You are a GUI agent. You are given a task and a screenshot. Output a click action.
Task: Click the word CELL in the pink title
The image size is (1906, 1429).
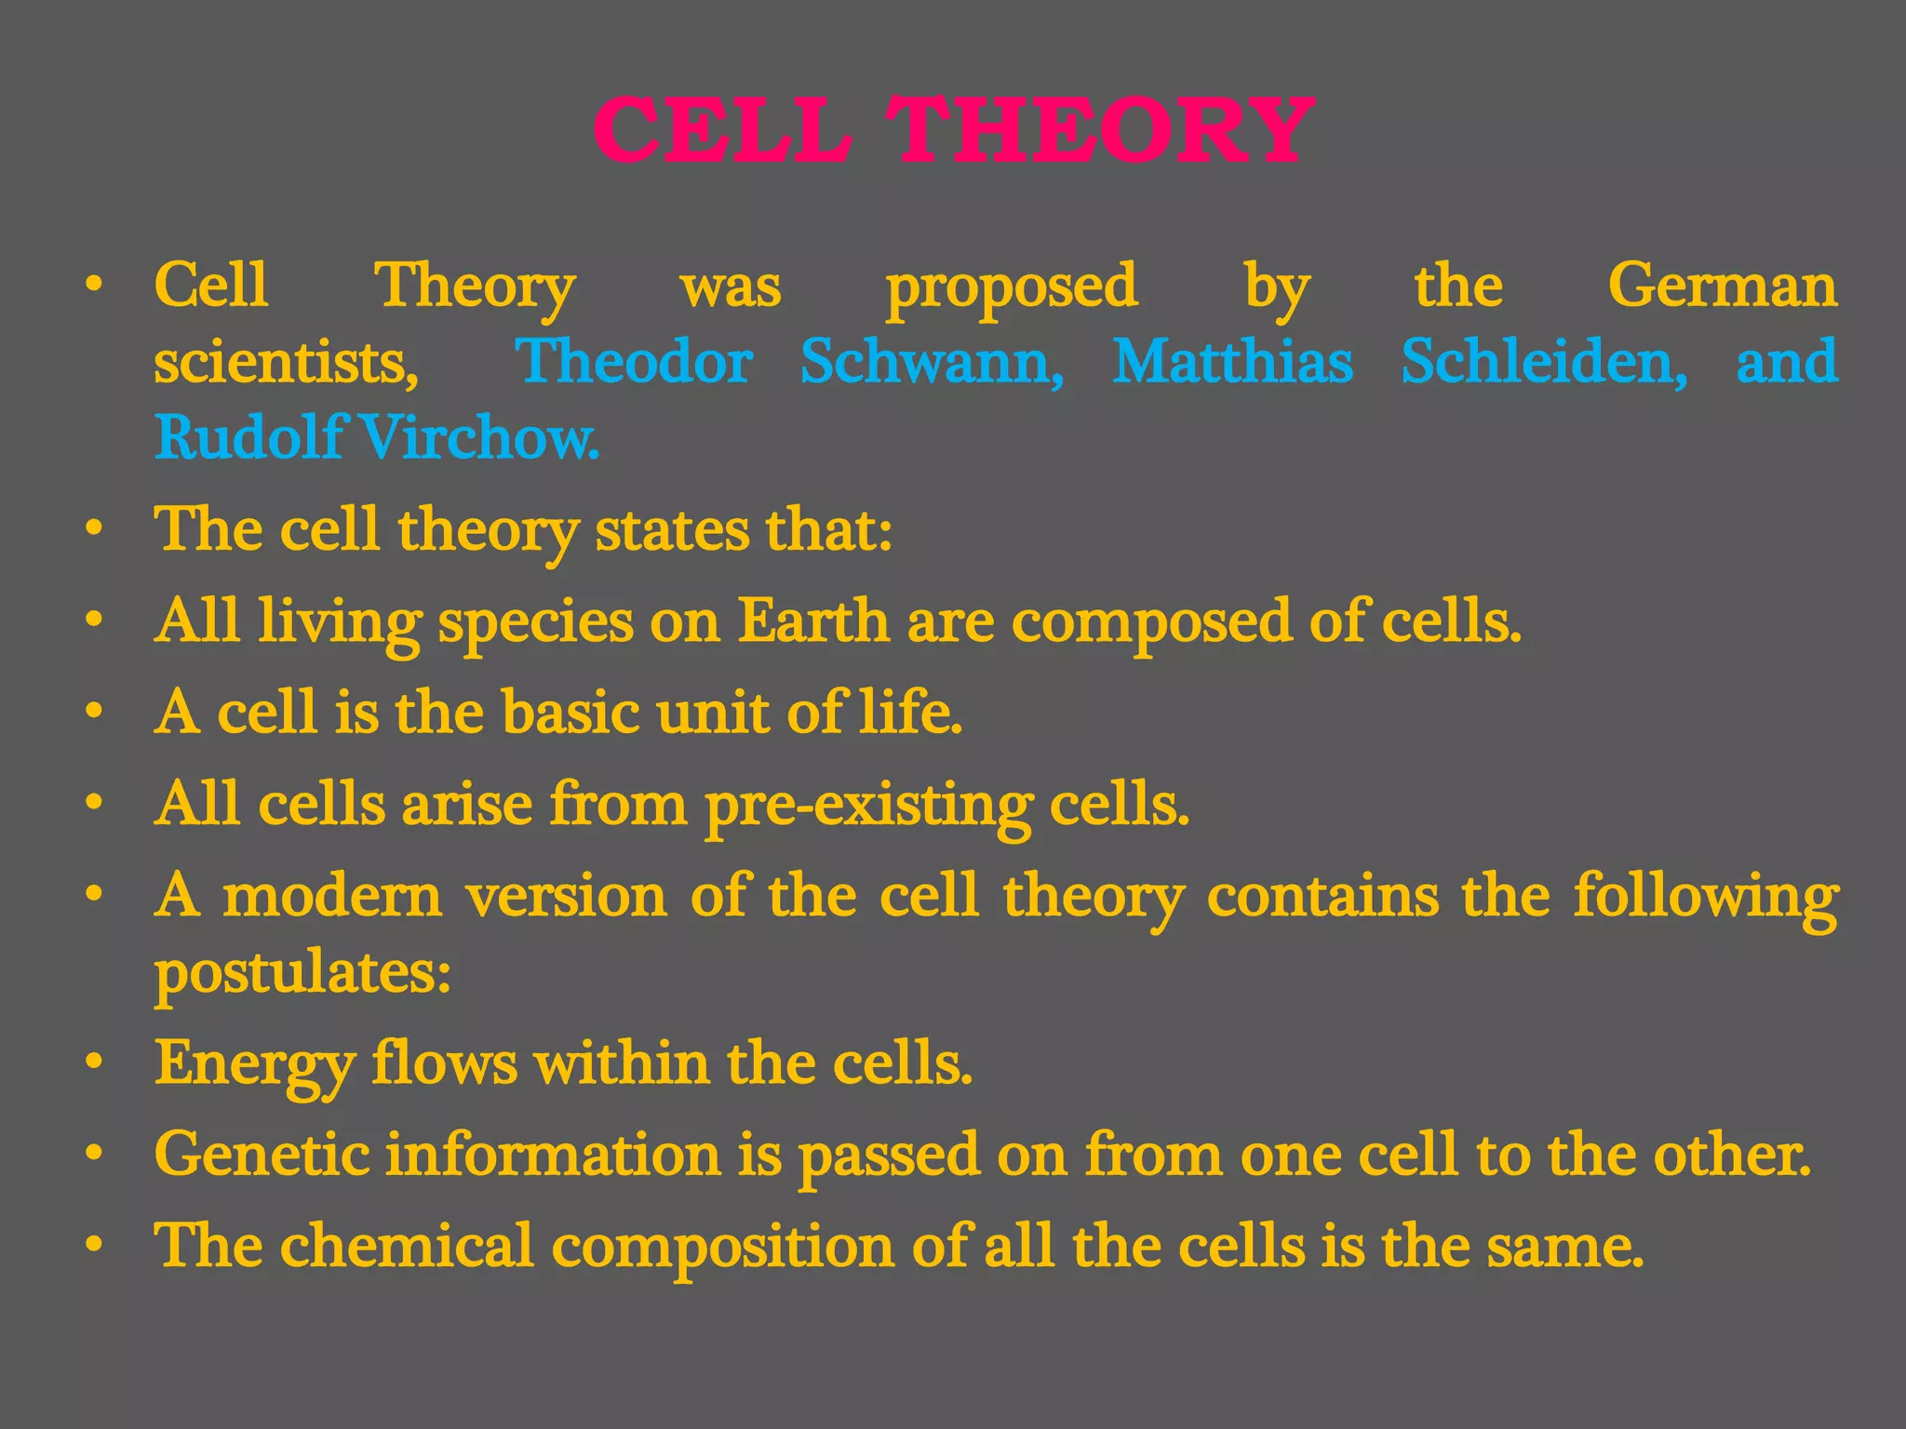coord(723,132)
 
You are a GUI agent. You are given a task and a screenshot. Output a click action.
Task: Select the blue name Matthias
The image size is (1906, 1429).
coord(1233,361)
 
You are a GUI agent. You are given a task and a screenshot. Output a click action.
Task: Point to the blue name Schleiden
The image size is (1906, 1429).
coord(1544,361)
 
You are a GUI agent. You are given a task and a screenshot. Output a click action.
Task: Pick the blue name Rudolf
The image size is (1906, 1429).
coord(249,437)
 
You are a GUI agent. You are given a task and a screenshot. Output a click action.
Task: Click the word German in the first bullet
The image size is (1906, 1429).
coord(1723,285)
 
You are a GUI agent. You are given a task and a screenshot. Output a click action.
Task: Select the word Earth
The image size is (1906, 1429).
coord(813,621)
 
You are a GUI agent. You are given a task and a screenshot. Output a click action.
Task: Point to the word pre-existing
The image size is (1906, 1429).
coord(868,805)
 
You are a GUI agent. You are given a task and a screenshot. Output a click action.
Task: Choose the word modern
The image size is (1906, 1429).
coord(332,896)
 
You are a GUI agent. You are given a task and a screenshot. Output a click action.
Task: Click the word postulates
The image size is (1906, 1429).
coord(302,974)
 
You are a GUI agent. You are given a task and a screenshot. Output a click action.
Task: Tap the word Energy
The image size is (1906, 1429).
coord(255,1063)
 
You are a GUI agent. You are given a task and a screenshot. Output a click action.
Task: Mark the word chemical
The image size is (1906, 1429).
coord(407,1246)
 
